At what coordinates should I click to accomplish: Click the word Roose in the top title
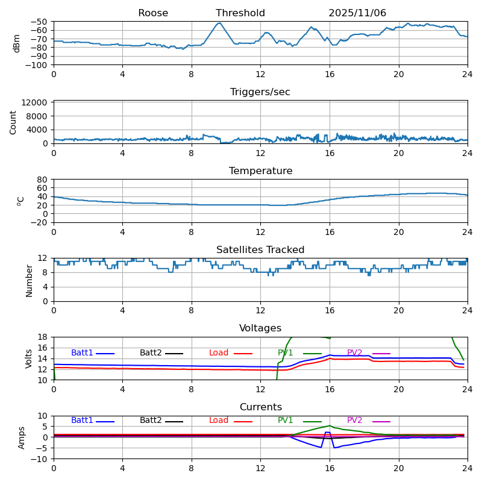(153, 13)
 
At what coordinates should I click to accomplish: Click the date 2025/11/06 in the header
(357, 13)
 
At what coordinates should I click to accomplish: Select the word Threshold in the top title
(240, 13)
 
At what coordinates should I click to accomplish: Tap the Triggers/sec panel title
(260, 92)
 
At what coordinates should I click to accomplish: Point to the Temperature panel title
(260, 171)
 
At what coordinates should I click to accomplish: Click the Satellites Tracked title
(260, 250)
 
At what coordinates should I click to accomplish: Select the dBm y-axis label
(17, 43)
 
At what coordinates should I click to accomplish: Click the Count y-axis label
(13, 122)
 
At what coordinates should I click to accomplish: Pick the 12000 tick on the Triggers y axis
(36, 103)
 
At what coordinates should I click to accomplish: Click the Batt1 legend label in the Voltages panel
(82, 353)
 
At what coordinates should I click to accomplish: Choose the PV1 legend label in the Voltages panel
(286, 353)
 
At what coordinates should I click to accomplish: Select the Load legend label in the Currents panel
(219, 421)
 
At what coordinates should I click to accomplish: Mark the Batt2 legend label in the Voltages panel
(151, 353)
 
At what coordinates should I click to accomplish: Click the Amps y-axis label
(22, 437)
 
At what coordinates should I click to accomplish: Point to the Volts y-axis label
(29, 358)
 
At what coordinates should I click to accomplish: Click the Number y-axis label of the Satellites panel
(29, 280)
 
